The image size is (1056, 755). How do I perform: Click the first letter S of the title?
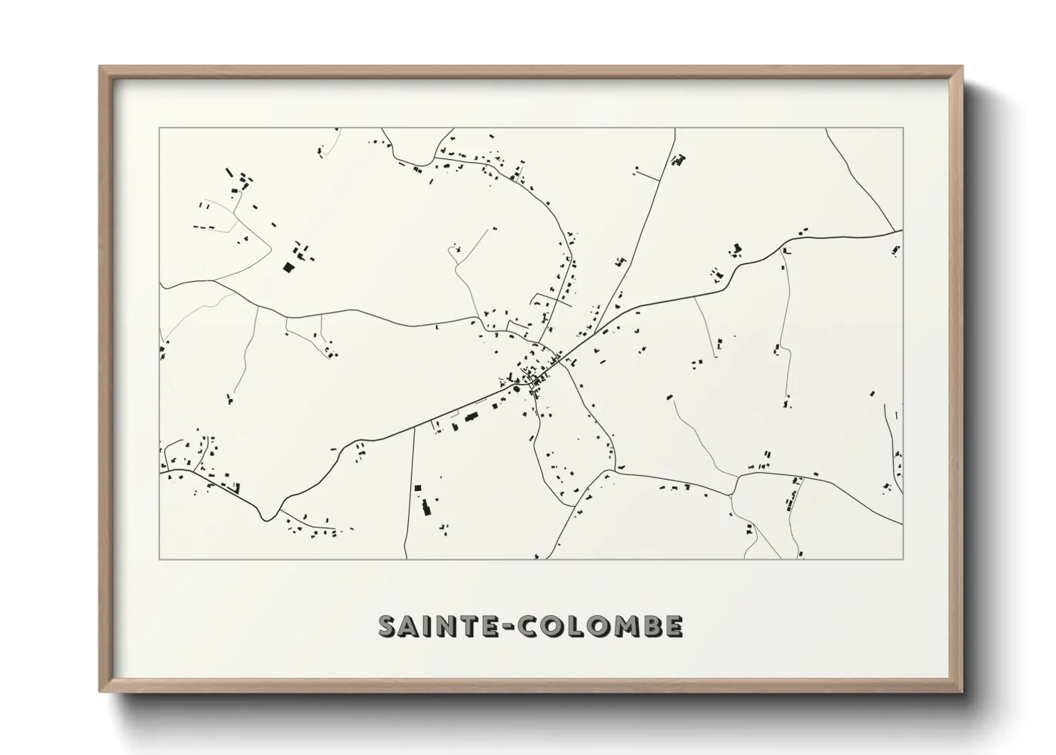coord(389,626)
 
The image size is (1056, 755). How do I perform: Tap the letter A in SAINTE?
coord(412,626)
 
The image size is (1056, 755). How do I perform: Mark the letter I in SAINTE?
coord(431,626)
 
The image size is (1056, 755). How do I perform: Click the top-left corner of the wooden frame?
coord(101,68)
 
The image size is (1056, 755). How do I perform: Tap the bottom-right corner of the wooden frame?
coord(960,691)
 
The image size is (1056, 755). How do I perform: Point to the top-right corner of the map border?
coord(903,128)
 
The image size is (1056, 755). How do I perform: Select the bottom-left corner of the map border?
coord(160,559)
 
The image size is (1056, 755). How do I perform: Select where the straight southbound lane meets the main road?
coord(414,430)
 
